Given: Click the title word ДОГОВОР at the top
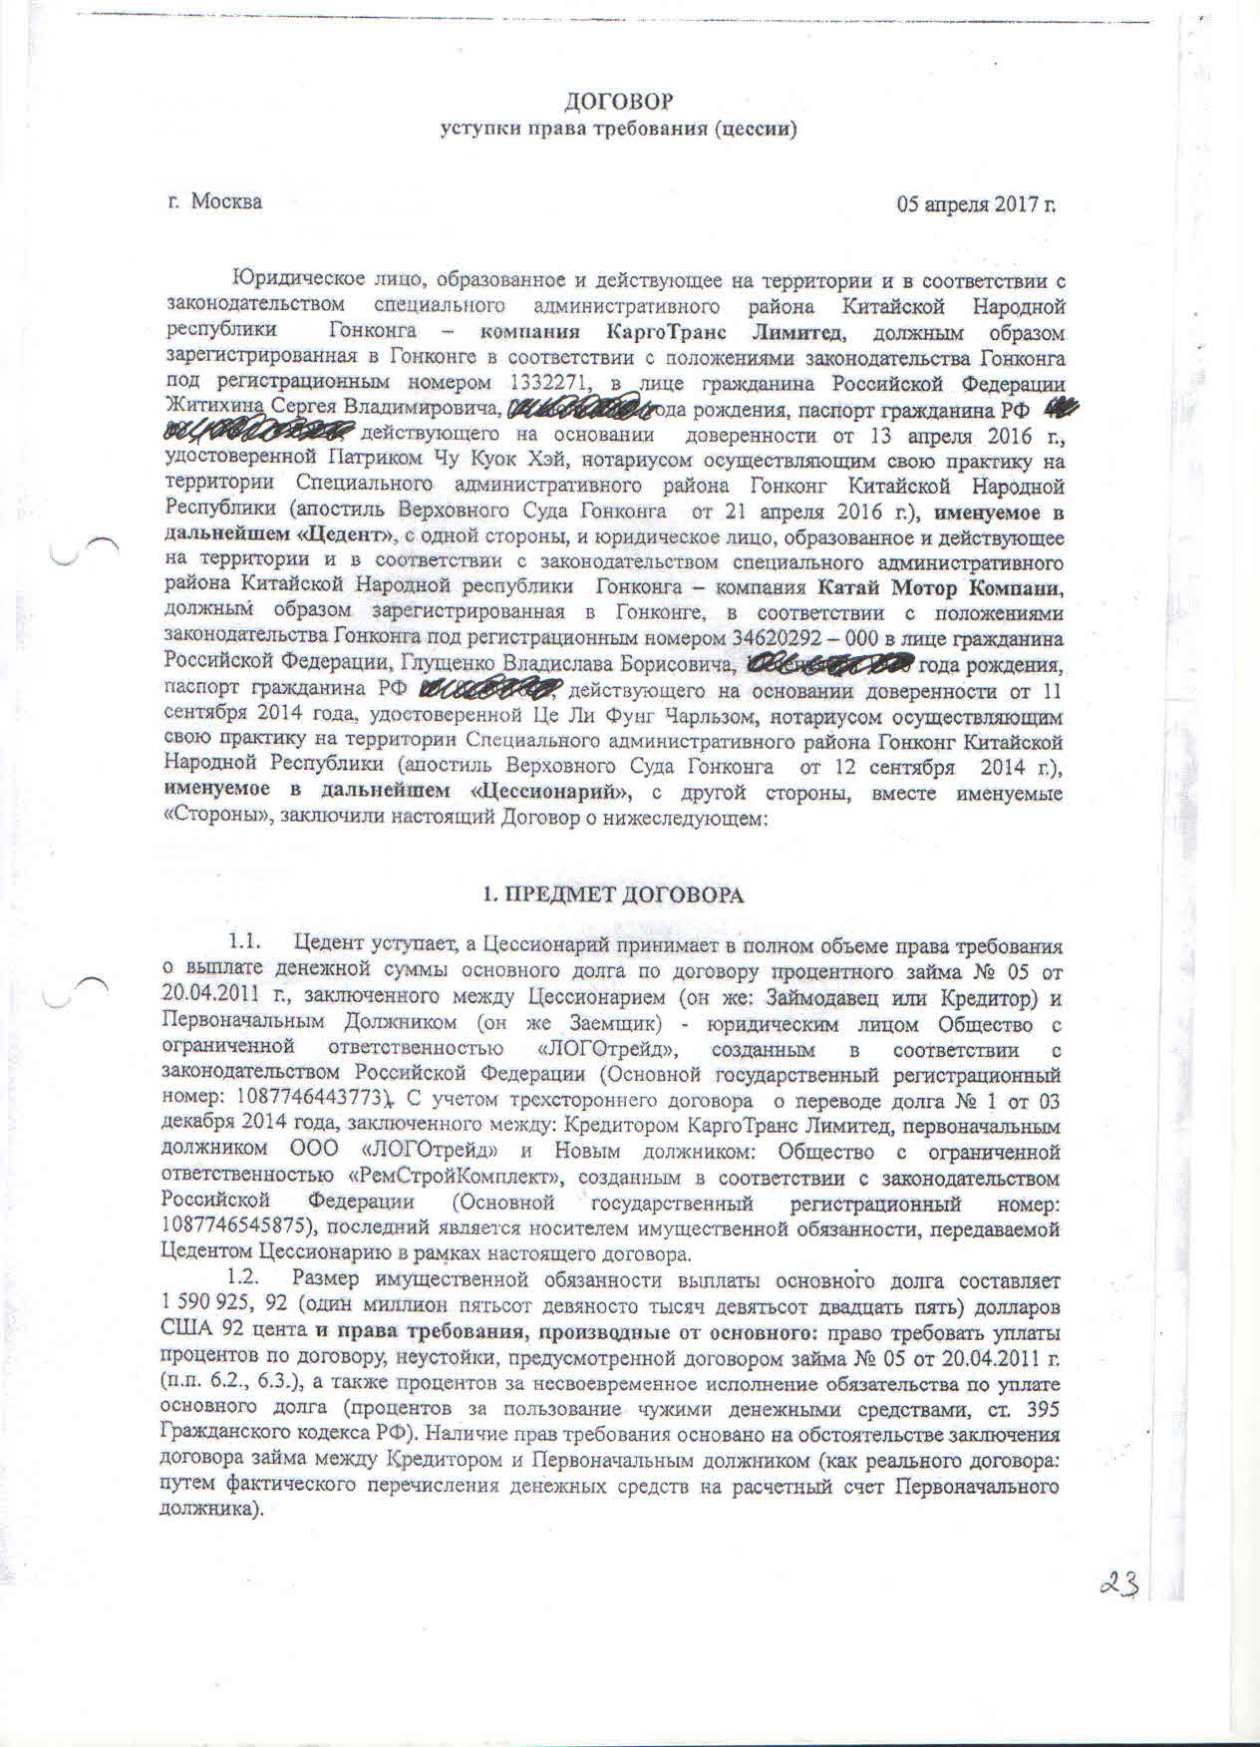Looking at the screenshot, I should point(618,102).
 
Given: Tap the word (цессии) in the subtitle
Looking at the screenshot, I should point(754,130).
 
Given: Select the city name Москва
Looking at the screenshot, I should point(226,201).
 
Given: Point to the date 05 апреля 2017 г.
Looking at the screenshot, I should point(976,204).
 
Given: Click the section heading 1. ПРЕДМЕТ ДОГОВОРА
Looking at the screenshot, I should point(613,895).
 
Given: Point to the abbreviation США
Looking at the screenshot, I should point(184,1331).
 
